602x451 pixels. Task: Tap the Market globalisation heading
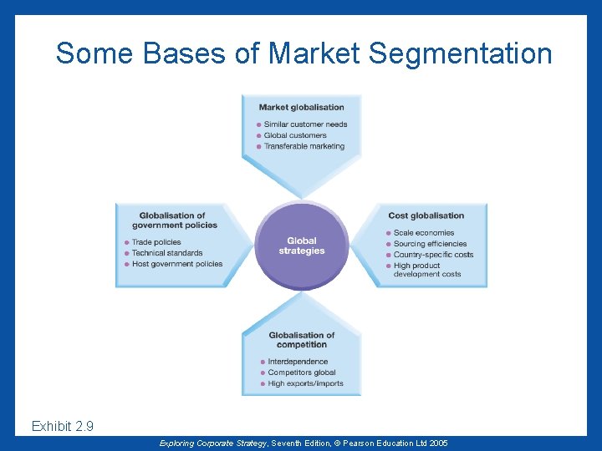coord(301,107)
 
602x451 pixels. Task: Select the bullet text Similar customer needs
coord(305,124)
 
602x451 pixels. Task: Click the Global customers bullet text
coord(295,135)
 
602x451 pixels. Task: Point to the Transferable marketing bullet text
coord(304,146)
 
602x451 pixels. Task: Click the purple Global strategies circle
coord(302,246)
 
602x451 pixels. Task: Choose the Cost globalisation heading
coord(426,215)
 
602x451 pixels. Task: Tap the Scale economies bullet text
coord(424,233)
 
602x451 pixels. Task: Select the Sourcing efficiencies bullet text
coord(430,244)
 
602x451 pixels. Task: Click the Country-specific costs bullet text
coord(433,255)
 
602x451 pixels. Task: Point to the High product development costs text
coord(427,270)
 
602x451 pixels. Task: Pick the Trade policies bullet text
coord(156,242)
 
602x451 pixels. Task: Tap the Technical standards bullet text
coord(167,253)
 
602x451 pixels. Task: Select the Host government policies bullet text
coord(177,264)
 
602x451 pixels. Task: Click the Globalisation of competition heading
coord(302,340)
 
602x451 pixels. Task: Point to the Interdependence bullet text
coord(298,362)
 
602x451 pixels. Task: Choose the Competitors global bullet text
coord(302,372)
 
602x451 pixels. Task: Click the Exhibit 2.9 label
coord(63,427)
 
